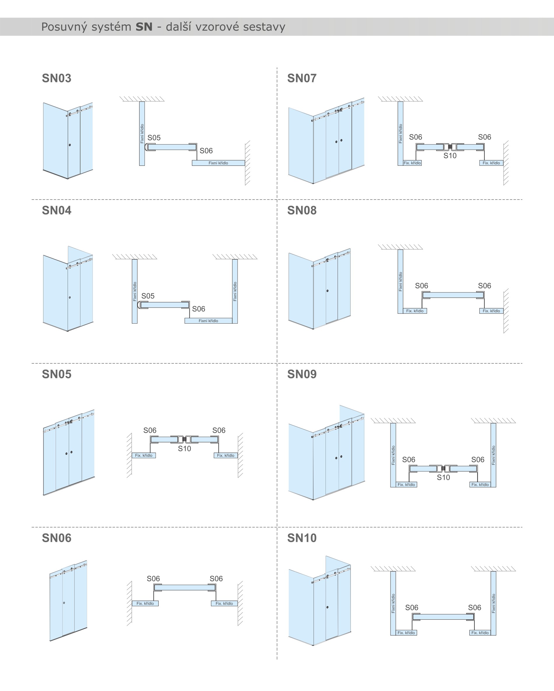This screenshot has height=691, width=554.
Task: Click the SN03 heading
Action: (x=57, y=78)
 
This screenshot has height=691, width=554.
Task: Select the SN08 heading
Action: (x=302, y=211)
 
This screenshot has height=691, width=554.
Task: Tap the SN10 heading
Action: (x=302, y=538)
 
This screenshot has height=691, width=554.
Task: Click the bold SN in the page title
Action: (x=144, y=27)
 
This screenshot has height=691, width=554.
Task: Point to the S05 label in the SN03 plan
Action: (x=154, y=138)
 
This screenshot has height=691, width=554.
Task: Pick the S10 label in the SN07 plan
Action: (x=450, y=156)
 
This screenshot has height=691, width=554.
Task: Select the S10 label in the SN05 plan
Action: (x=184, y=449)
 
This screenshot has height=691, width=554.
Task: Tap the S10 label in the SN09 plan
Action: (x=443, y=477)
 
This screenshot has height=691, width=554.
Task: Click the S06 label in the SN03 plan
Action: (x=206, y=151)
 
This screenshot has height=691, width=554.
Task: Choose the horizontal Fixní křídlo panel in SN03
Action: (x=218, y=163)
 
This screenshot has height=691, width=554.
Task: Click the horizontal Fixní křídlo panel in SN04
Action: (x=208, y=321)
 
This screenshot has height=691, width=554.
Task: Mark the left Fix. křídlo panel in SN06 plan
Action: (x=145, y=604)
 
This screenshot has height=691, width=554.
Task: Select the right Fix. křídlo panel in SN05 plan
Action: (x=226, y=455)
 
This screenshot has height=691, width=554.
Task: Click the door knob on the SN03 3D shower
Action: (x=70, y=145)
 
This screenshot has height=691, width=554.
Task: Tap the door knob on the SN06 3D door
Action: (x=64, y=603)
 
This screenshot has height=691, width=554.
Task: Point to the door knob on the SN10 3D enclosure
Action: (x=327, y=607)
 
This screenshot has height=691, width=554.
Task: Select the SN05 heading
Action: (x=57, y=374)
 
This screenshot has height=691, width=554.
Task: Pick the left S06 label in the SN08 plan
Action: (x=421, y=286)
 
